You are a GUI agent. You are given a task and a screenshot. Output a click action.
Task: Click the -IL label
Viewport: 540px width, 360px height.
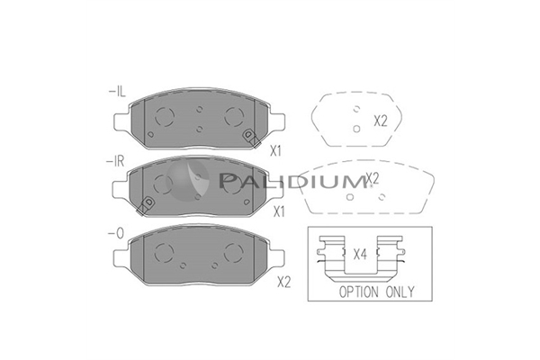pos(117,92)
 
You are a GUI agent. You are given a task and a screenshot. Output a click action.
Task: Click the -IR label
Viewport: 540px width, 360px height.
pos(116,161)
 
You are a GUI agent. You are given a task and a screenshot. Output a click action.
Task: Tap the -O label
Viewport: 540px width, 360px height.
pos(115,234)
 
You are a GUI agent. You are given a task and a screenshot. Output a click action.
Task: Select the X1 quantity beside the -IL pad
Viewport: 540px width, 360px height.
pos(275,151)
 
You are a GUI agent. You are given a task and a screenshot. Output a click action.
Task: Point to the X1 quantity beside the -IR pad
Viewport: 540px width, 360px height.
pos(279,211)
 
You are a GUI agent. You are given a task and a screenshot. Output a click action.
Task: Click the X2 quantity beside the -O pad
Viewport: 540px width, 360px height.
pos(284,283)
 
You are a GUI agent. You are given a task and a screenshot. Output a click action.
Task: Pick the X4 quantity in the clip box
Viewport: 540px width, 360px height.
pos(360,255)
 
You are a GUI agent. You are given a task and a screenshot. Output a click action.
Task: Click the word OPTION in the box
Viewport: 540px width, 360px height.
pos(358,292)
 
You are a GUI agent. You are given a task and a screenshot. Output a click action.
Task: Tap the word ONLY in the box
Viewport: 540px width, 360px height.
pos(400,292)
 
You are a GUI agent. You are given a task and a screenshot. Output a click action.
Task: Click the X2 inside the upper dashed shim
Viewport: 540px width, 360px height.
pos(381,121)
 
